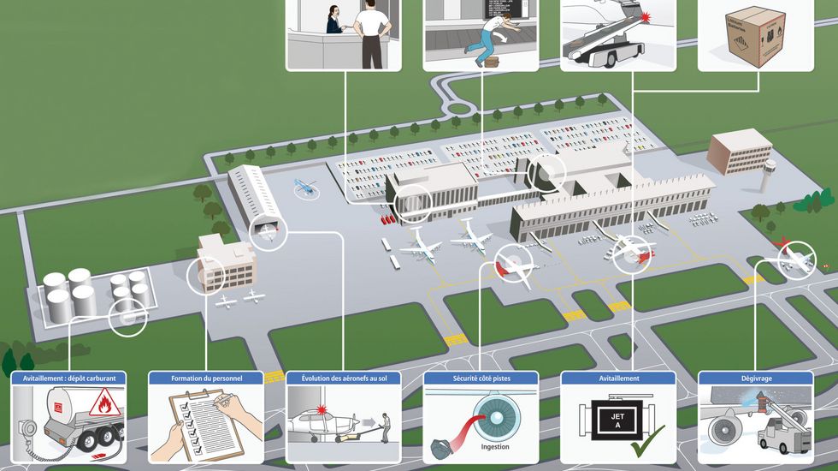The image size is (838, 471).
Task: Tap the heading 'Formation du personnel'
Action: (x=206, y=378)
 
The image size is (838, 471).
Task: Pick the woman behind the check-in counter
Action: (x=330, y=17)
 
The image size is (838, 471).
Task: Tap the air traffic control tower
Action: (x=770, y=174)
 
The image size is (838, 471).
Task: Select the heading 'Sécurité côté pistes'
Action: (x=481, y=378)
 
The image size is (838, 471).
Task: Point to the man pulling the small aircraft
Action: (x=387, y=426)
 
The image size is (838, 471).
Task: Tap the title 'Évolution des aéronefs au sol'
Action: (x=344, y=378)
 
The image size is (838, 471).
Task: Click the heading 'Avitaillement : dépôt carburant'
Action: (x=69, y=378)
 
